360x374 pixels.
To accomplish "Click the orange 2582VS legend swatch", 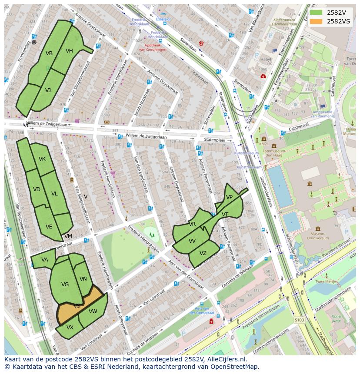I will tap(316, 21).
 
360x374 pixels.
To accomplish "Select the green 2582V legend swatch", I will tap(316, 13).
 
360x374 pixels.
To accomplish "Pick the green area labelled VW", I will tap(93, 311).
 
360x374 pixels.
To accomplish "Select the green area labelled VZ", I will tap(203, 254).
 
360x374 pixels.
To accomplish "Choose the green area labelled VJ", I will tap(48, 90).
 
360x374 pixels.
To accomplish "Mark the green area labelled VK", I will tap(42, 159).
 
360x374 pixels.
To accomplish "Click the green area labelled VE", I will tap(49, 226).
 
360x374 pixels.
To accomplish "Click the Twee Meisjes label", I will tap(327, 281).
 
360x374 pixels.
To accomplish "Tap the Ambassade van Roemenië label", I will tap(322, 114).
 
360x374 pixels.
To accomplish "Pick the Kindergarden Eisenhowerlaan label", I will tap(285, 22).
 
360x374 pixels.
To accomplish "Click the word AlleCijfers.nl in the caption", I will tap(224, 359).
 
